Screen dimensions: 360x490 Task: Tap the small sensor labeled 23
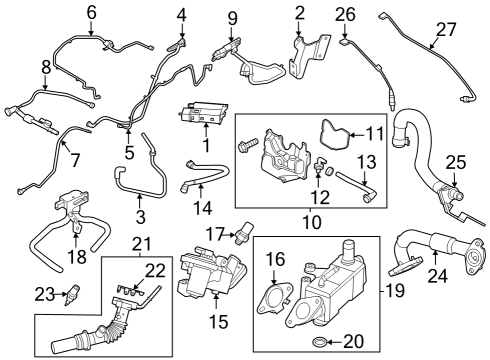coord(71,296)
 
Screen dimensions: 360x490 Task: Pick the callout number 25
coord(456,161)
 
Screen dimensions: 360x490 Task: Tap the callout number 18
coord(77,257)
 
